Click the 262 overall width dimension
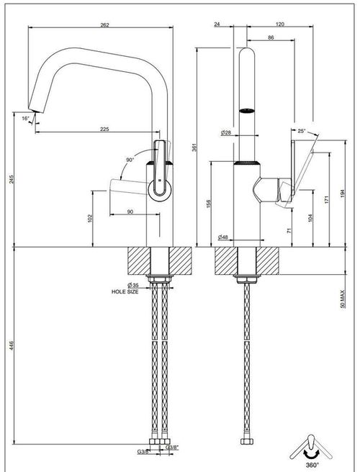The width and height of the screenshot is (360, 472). [104, 25]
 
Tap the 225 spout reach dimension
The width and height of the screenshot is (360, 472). [104, 129]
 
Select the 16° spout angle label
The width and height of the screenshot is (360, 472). [25, 119]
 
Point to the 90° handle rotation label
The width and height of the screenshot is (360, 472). [130, 160]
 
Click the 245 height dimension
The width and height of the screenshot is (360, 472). [11, 179]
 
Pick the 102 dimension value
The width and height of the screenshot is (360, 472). [89, 219]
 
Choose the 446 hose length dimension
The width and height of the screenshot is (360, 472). [11, 345]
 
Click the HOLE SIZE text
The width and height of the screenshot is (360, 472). [125, 291]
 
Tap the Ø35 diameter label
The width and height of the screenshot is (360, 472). [133, 285]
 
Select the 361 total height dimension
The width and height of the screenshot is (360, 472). [194, 147]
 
